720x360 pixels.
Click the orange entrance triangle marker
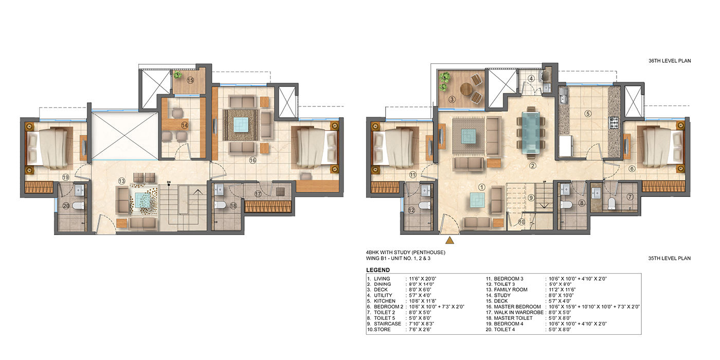pyautogui.click(x=450, y=240)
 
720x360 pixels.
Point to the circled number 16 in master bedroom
pyautogui.click(x=253, y=160)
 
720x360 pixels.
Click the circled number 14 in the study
pyautogui.click(x=184, y=124)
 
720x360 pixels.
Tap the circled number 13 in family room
pyautogui.click(x=121, y=181)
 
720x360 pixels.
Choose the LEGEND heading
pyautogui.click(x=377, y=270)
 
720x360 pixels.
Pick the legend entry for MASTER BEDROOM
pyautogui.click(x=515, y=307)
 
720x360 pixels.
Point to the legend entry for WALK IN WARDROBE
pyautogui.click(x=516, y=312)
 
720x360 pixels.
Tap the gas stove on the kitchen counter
pyautogui.click(x=613, y=122)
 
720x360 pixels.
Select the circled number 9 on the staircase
pyautogui.click(x=531, y=197)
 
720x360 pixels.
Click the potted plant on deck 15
pyautogui.click(x=178, y=75)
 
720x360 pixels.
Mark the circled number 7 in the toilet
pyautogui.click(x=631, y=197)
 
